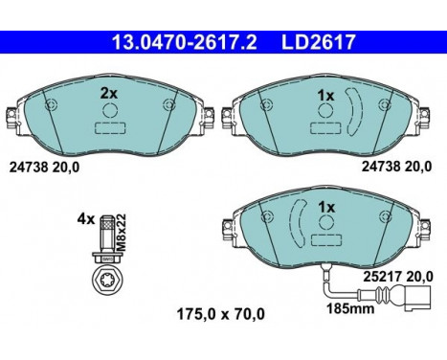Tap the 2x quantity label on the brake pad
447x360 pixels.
click(109, 95)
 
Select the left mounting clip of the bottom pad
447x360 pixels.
click(226, 229)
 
